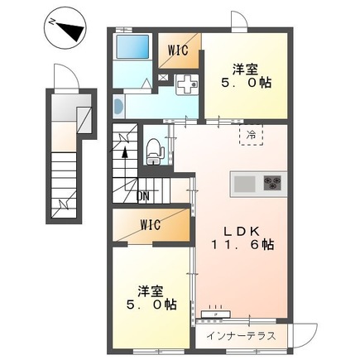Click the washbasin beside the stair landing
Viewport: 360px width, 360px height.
pyautogui.click(x=118, y=106)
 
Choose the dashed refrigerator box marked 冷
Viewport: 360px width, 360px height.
pyautogui.click(x=249, y=134)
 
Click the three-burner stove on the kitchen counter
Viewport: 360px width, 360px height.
pyautogui.click(x=271, y=183)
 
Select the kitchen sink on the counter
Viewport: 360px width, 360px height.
pyautogui.click(x=246, y=183)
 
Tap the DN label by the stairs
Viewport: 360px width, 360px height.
pyautogui.click(x=143, y=195)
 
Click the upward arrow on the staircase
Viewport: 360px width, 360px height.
pyautogui.click(x=126, y=151)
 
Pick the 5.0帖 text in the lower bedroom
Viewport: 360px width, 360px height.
pyautogui.click(x=151, y=305)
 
